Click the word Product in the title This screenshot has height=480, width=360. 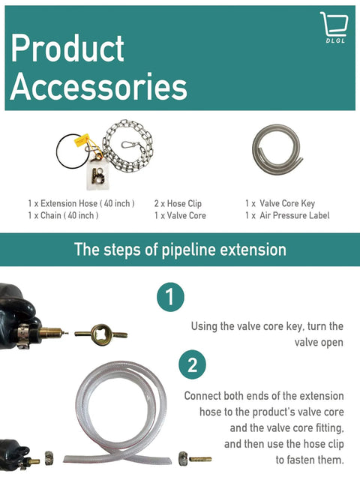click(x=67, y=49)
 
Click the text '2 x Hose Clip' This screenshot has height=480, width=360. click(x=178, y=203)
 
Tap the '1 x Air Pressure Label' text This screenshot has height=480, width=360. click(x=287, y=216)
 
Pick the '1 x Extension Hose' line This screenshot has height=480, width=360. click(x=81, y=203)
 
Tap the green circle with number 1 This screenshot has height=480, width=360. click(x=171, y=297)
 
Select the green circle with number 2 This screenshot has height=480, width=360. click(x=192, y=366)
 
